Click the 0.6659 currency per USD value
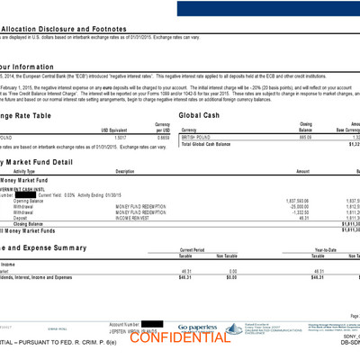pos(162,136)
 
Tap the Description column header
pos(124,170)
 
